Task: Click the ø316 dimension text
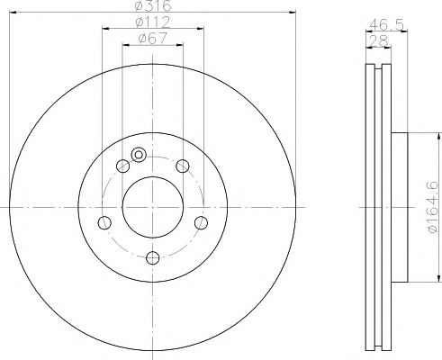150,7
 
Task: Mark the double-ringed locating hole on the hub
138,155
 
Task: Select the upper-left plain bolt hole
122,165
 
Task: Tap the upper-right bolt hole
182,165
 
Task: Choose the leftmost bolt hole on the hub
104,222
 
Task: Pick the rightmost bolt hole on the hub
200,222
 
